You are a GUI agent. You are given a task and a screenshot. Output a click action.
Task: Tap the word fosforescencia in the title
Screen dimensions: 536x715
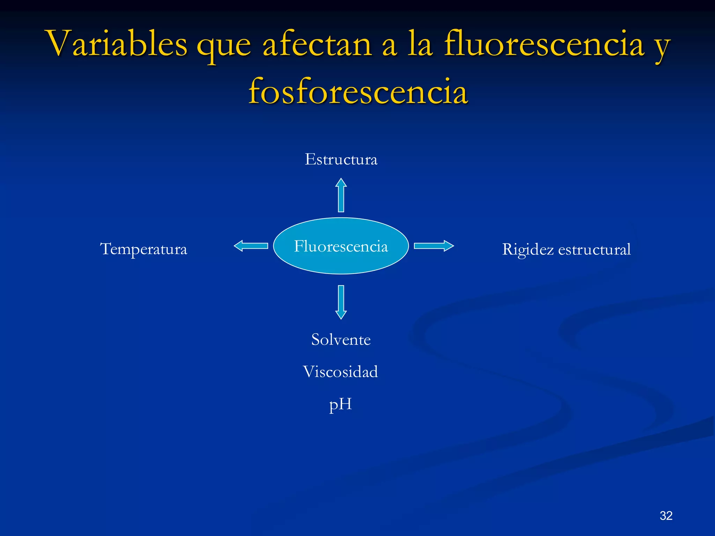pos(358,92)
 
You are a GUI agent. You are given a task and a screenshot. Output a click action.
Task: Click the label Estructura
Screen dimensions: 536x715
pos(341,159)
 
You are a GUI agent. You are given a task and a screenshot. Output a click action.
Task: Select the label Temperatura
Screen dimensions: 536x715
pos(143,249)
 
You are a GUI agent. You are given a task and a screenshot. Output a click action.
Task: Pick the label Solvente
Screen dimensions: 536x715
pos(341,340)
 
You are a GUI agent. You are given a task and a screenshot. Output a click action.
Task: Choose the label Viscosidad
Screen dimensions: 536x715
pos(340,372)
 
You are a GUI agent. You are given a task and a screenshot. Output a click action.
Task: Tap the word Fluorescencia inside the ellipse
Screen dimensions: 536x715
pos(341,246)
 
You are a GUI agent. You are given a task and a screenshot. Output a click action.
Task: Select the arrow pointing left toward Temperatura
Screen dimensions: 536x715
pos(251,246)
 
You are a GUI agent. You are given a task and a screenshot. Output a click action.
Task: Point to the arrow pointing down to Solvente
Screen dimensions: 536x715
pos(341,302)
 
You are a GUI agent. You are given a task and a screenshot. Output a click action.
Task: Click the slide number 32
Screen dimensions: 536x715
pos(666,515)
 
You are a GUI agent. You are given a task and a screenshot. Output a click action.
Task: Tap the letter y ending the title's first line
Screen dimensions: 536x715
pos(662,47)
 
